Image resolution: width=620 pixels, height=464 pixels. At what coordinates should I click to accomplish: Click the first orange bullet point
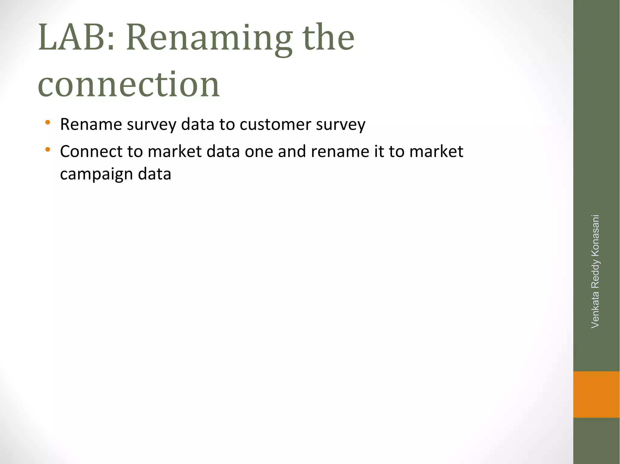tap(48, 123)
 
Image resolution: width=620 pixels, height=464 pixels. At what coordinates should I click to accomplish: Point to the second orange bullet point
tap(48, 149)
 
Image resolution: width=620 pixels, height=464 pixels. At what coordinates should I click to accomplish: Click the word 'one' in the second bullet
tap(259, 151)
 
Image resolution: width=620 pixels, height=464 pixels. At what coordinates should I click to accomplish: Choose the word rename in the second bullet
tap(340, 151)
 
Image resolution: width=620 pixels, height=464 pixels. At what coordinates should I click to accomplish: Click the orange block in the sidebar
tap(596, 394)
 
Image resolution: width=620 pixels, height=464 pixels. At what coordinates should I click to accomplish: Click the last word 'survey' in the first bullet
tap(341, 124)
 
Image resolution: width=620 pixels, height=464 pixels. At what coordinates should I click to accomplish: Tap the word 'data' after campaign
tap(154, 174)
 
